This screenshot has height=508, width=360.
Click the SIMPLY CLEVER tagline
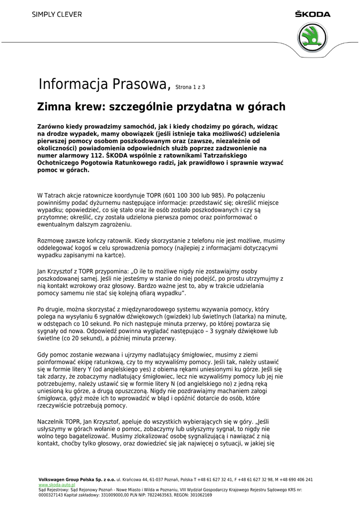tap(57, 15)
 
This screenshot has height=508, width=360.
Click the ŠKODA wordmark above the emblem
tap(312, 14)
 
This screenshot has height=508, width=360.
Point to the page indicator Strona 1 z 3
tap(190, 87)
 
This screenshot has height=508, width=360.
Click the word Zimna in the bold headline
tap(53, 107)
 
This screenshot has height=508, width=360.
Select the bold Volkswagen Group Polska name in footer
tap(77, 480)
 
